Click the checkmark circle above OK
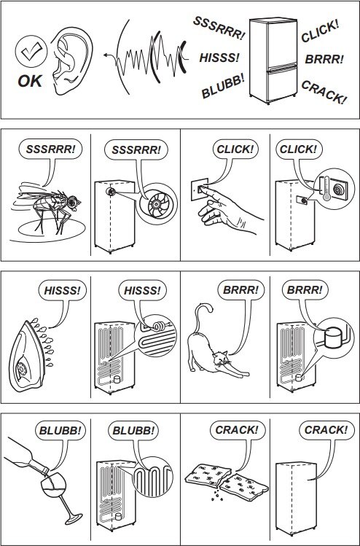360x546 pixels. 31,51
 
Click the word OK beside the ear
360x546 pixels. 30,81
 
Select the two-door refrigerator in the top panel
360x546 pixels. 273,61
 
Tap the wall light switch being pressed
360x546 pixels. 200,189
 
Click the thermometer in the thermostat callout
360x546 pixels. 326,188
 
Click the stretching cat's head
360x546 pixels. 221,359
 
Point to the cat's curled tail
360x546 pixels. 201,318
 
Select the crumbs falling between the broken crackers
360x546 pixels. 216,494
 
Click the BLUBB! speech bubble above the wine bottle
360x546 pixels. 60,430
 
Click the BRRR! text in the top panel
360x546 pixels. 324,59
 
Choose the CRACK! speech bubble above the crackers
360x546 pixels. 237,430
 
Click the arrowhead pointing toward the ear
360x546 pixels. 106,55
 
